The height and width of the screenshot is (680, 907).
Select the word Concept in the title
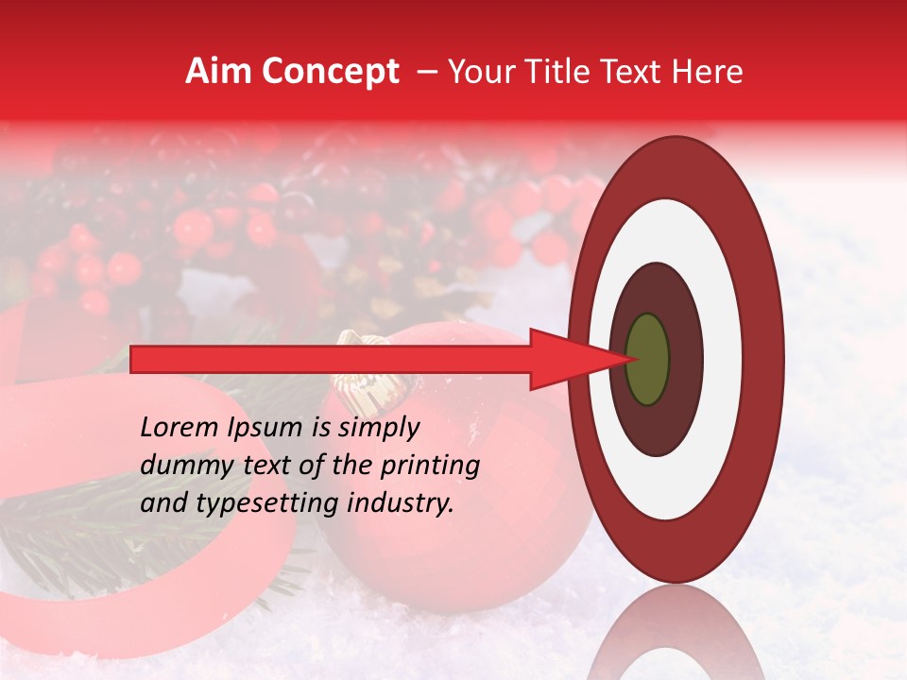coord(331,72)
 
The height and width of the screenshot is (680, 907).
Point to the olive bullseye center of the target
coord(647,359)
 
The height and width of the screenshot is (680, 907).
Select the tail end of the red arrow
coord(133,359)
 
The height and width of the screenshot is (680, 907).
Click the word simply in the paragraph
coord(379,429)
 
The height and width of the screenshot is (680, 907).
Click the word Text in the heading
coord(635,72)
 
